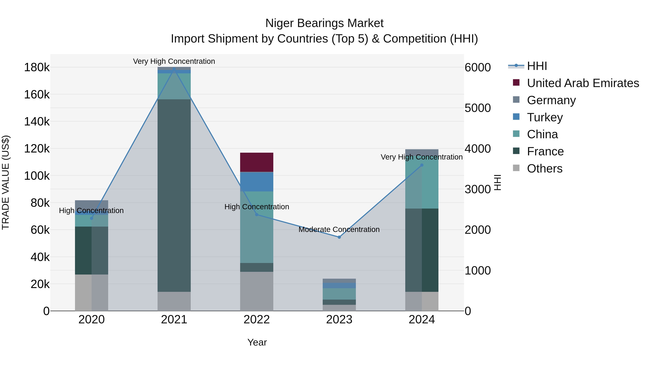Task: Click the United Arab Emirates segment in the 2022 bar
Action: (257, 162)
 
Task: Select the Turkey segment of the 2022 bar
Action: (257, 182)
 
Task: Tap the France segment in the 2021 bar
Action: (174, 195)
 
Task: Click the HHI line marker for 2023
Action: (339, 237)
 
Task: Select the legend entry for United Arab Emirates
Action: (582, 83)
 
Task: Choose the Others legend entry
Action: (544, 169)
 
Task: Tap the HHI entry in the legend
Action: (537, 66)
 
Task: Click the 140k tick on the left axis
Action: (37, 122)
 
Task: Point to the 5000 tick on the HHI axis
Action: (477, 108)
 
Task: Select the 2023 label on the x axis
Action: (339, 320)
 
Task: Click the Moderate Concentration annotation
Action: (339, 229)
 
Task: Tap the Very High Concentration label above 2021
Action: (174, 61)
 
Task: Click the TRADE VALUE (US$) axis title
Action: (6, 182)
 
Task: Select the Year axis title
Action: (257, 342)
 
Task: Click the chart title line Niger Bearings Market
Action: (324, 23)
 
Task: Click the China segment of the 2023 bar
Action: (339, 294)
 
